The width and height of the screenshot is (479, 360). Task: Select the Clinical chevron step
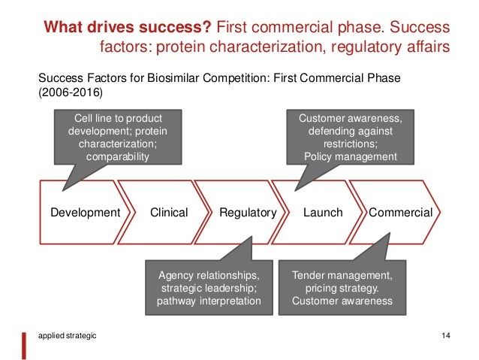[x=169, y=213]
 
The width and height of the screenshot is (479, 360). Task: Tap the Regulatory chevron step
[x=248, y=213]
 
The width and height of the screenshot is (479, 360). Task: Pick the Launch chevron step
[x=323, y=213]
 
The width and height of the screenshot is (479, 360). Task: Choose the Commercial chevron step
[x=400, y=213]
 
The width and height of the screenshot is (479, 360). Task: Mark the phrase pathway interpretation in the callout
[x=209, y=302]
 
